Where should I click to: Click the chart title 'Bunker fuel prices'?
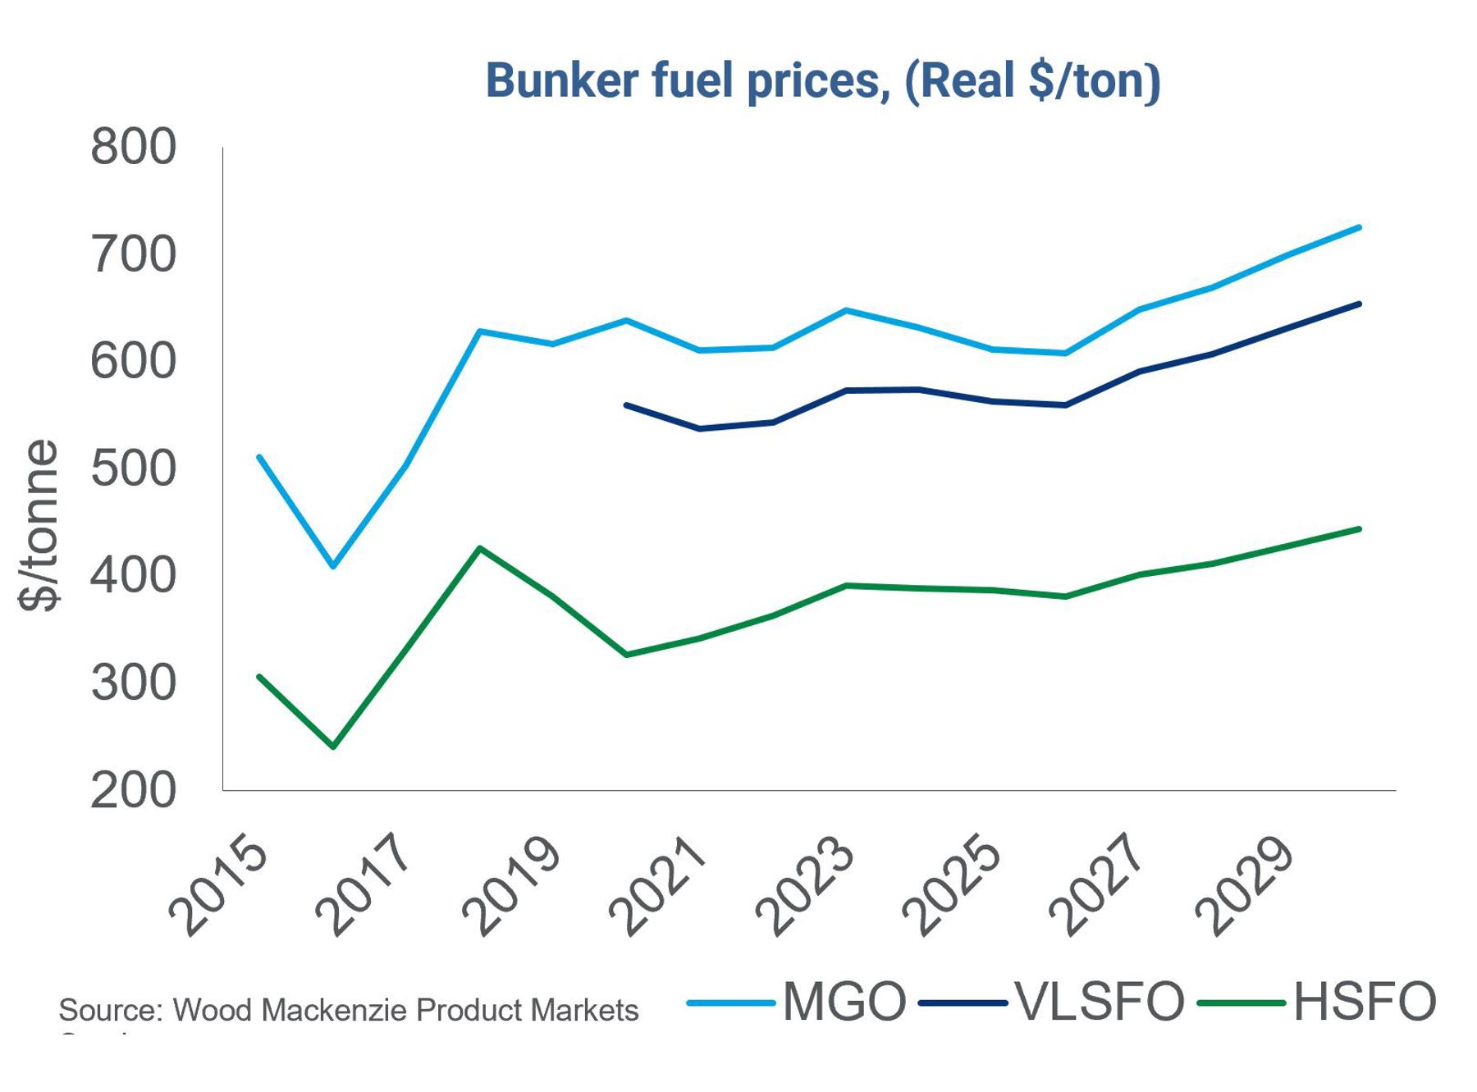coord(822,81)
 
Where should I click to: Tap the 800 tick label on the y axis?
coord(133,148)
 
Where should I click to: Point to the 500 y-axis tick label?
coord(133,468)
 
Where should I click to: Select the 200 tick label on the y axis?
coord(133,790)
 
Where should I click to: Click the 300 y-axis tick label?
coord(133,683)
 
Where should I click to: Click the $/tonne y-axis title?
coord(39,525)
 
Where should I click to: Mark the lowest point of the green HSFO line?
coord(332,747)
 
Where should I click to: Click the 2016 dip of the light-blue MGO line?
coord(332,566)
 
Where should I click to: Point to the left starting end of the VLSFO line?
coord(626,404)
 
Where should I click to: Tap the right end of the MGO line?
coord(1360,227)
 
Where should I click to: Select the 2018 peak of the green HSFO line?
coord(479,547)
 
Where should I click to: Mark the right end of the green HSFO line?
coord(1360,529)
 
